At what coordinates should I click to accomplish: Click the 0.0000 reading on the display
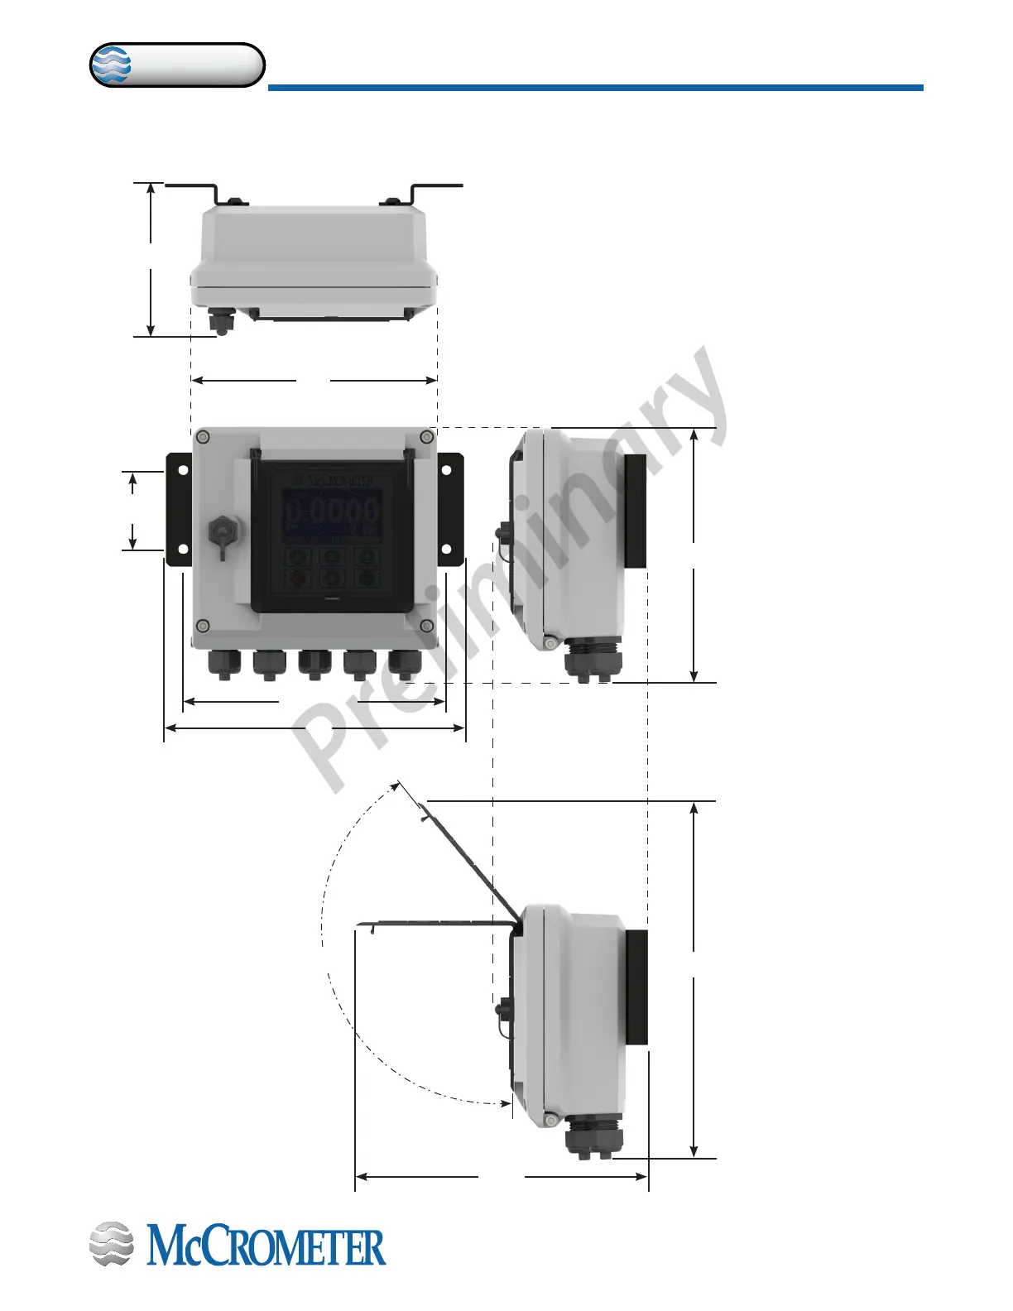click(x=332, y=511)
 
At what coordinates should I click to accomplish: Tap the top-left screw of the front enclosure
click(x=202, y=436)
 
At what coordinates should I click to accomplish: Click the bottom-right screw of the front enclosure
click(x=425, y=625)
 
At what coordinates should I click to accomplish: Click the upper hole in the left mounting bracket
click(x=183, y=470)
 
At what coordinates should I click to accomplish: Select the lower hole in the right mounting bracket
click(x=446, y=549)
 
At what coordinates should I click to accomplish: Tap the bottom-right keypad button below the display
click(x=367, y=577)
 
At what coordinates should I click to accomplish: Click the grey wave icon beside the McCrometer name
click(x=111, y=1244)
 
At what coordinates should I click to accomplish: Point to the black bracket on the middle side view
click(x=635, y=511)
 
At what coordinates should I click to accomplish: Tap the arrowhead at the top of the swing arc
click(x=400, y=783)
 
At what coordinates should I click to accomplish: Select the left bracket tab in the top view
click(x=192, y=188)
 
